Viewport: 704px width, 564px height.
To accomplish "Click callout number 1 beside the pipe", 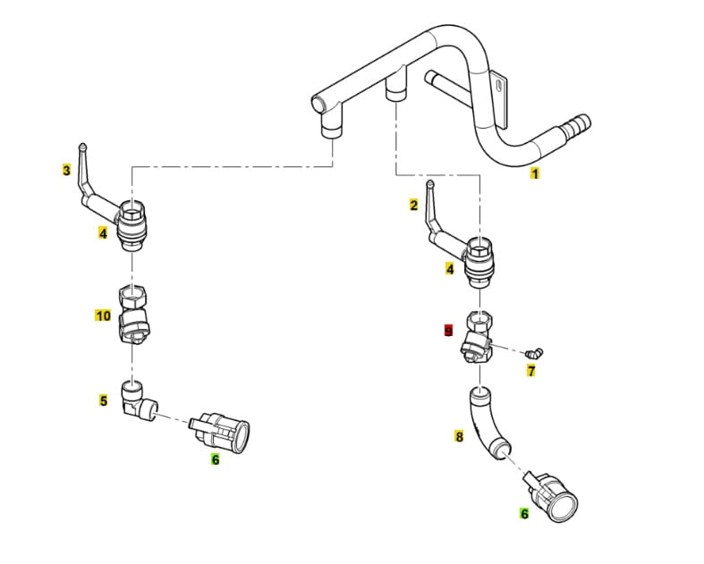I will click(535, 173).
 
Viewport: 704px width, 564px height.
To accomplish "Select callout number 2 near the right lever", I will click(413, 206).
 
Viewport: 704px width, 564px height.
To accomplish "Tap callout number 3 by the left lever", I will click(66, 169).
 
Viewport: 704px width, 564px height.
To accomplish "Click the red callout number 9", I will click(449, 330).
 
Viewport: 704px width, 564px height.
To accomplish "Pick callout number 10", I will click(103, 316).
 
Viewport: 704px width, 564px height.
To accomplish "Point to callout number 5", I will click(104, 400).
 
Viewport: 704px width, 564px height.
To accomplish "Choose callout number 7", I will click(530, 371).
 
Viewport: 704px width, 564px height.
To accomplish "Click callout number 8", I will click(459, 437).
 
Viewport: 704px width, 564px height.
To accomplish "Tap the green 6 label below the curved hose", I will click(524, 514).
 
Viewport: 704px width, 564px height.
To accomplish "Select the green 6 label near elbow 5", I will click(215, 459).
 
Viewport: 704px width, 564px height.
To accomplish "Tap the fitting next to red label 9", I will click(478, 339).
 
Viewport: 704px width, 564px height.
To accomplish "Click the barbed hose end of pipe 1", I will click(573, 124).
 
